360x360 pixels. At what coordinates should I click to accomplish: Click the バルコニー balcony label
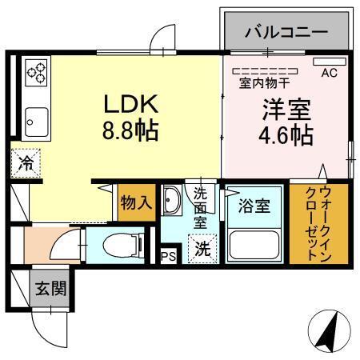pos(286,34)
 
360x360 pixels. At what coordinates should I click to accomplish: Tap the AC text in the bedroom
pos(330,73)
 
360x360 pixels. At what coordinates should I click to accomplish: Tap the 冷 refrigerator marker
pos(26,165)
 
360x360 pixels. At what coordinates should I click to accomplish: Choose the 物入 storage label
pos(136,202)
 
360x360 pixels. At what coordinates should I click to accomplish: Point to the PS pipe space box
pos(168,256)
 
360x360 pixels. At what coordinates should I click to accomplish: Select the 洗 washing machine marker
pos(202,249)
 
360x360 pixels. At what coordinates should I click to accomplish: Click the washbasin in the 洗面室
pos(173,202)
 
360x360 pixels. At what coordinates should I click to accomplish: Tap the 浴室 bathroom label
pos(254,204)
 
